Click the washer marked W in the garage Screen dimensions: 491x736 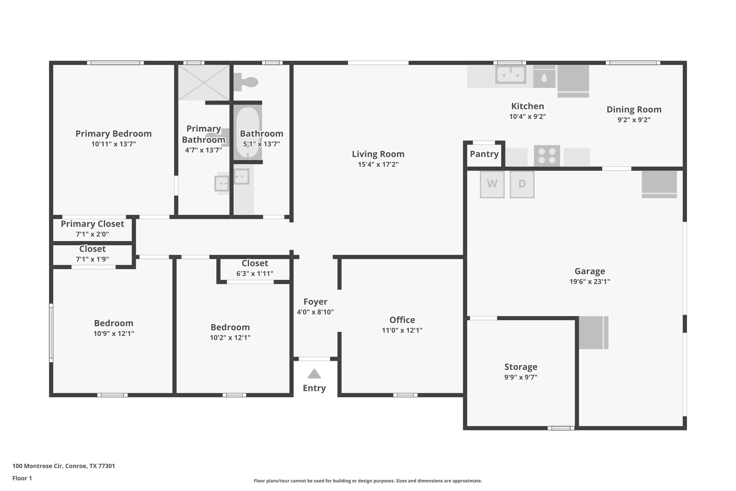click(492, 184)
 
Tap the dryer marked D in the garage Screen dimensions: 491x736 click(522, 184)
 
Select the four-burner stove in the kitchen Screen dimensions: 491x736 click(547, 155)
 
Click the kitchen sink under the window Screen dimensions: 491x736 click(510, 74)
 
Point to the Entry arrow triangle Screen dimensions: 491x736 click(314, 374)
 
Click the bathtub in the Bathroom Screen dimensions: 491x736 click(248, 132)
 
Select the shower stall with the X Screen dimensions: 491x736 click(204, 82)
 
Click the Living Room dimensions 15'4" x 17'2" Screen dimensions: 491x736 click(378, 164)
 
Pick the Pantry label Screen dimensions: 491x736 click(484, 154)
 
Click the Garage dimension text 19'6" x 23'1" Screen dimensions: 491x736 click(589, 281)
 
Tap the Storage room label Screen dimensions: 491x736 click(520, 367)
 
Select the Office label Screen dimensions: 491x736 click(402, 320)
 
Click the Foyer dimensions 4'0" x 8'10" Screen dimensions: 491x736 click(315, 312)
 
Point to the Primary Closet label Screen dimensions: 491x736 click(92, 224)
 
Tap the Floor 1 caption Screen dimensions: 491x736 click(22, 478)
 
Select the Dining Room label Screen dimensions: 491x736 click(634, 109)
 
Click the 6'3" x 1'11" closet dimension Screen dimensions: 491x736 click(254, 273)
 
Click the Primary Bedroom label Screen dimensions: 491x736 click(114, 134)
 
